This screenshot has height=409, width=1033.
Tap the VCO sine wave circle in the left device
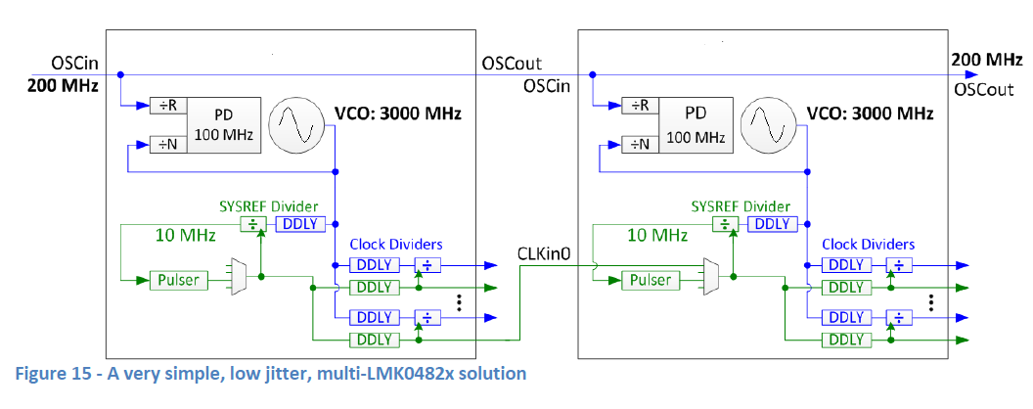click(297, 124)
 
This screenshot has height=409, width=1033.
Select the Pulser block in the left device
click(177, 280)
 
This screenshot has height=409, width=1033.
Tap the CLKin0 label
click(543, 255)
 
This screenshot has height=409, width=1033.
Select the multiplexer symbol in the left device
click(236, 277)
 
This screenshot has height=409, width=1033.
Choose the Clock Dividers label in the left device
click(395, 245)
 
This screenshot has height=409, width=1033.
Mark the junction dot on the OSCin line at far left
click(119, 74)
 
